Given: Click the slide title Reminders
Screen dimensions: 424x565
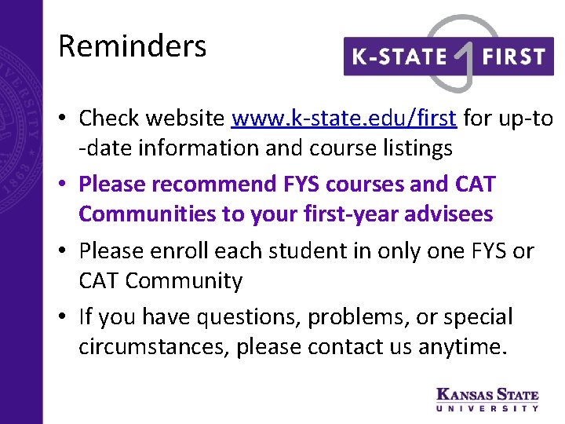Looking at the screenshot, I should (132, 46).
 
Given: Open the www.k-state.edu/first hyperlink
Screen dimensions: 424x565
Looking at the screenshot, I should (344, 119).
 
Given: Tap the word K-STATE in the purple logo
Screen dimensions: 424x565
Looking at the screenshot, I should (398, 57).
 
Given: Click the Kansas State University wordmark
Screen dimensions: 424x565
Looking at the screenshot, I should (487, 398).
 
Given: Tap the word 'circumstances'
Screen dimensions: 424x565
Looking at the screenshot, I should (154, 347).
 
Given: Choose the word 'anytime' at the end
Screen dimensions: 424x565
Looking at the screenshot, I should (462, 347).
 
